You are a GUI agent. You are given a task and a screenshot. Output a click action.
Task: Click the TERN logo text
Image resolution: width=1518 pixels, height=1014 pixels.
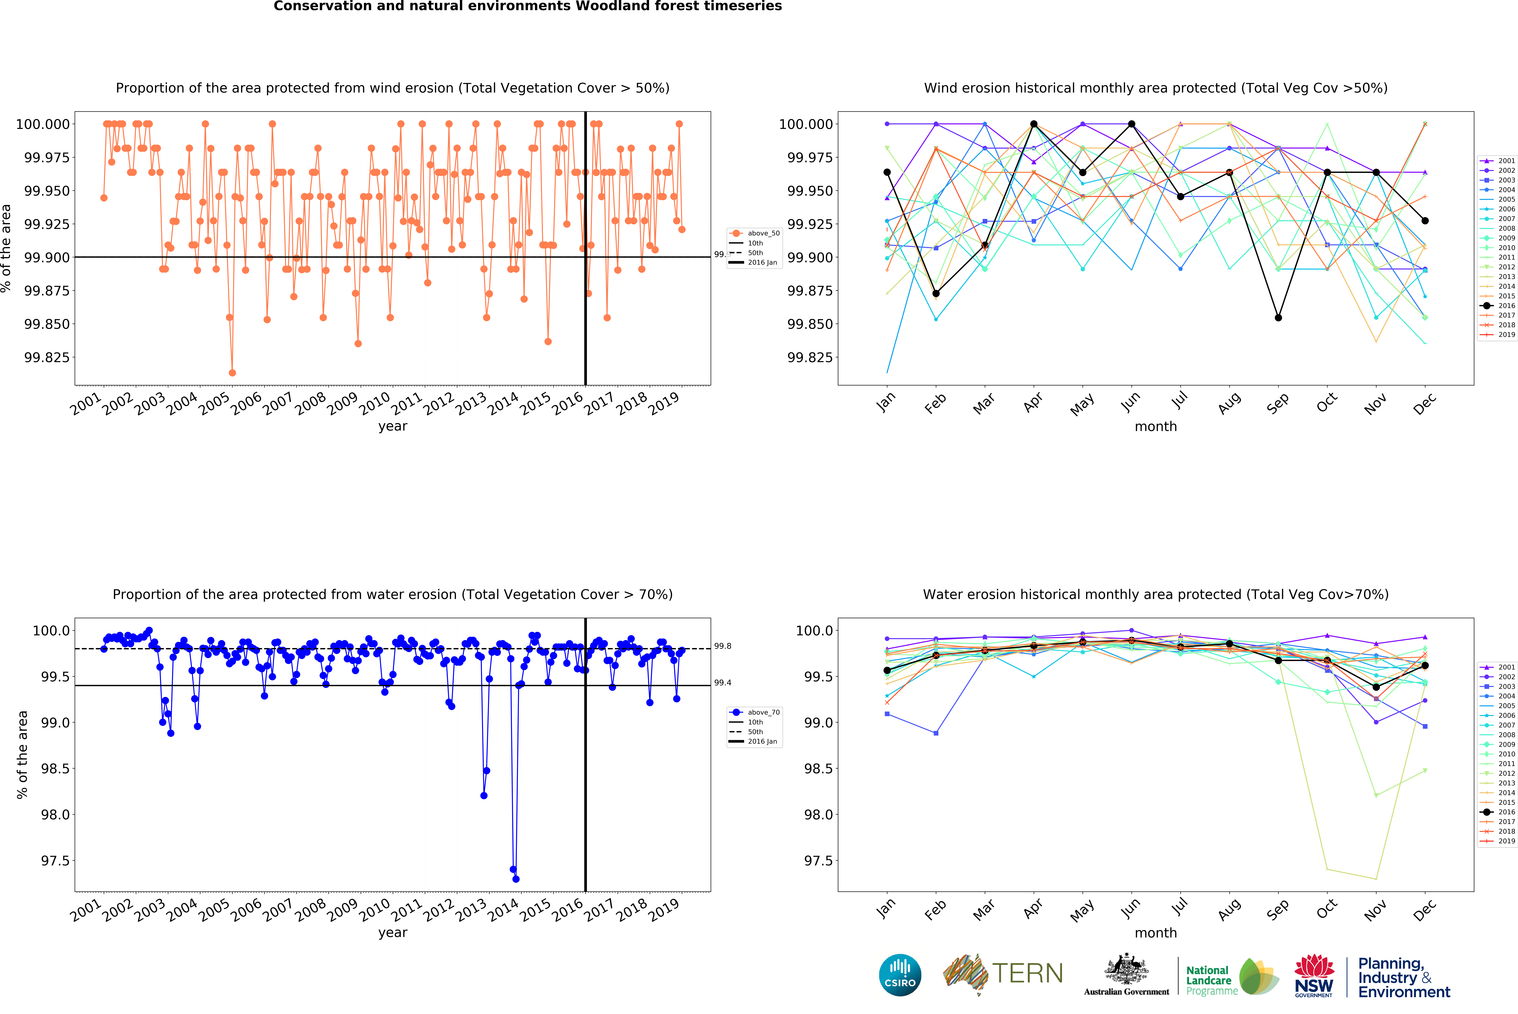[x=1028, y=973]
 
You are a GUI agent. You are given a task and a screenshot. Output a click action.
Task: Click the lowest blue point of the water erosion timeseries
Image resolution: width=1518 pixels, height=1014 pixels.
[x=515, y=879]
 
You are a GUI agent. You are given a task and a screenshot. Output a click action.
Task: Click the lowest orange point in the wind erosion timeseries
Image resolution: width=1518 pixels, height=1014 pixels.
[x=232, y=372]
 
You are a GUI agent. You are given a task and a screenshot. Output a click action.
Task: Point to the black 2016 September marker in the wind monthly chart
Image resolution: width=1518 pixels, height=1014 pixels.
[x=1278, y=318]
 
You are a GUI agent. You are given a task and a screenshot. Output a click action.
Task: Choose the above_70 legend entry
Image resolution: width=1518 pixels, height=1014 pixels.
[x=755, y=712]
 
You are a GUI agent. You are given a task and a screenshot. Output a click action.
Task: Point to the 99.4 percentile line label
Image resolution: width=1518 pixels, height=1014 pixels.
[x=722, y=683]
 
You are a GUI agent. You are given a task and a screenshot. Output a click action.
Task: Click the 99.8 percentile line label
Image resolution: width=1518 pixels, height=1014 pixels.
[x=722, y=646]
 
